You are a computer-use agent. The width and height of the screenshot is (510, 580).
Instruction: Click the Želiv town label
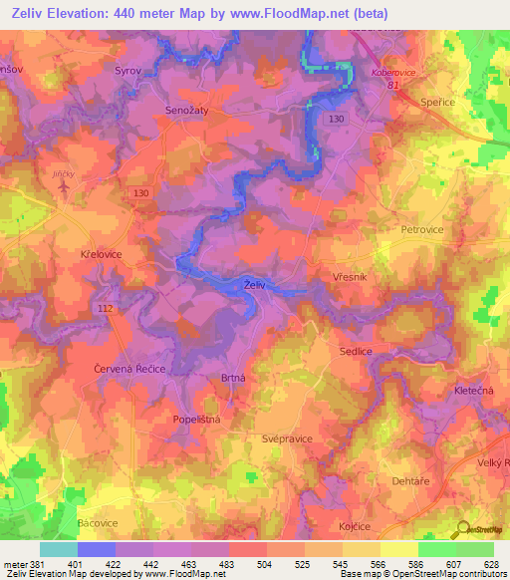point(254,286)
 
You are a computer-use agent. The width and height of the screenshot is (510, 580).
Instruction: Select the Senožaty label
point(186,113)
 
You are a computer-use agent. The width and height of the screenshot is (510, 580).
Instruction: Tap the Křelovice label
point(101,255)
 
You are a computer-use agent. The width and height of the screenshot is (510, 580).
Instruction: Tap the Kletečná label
point(474,390)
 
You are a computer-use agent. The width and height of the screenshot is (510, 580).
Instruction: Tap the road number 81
point(394,85)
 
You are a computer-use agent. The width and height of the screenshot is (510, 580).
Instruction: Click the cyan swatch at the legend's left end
point(58,549)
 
